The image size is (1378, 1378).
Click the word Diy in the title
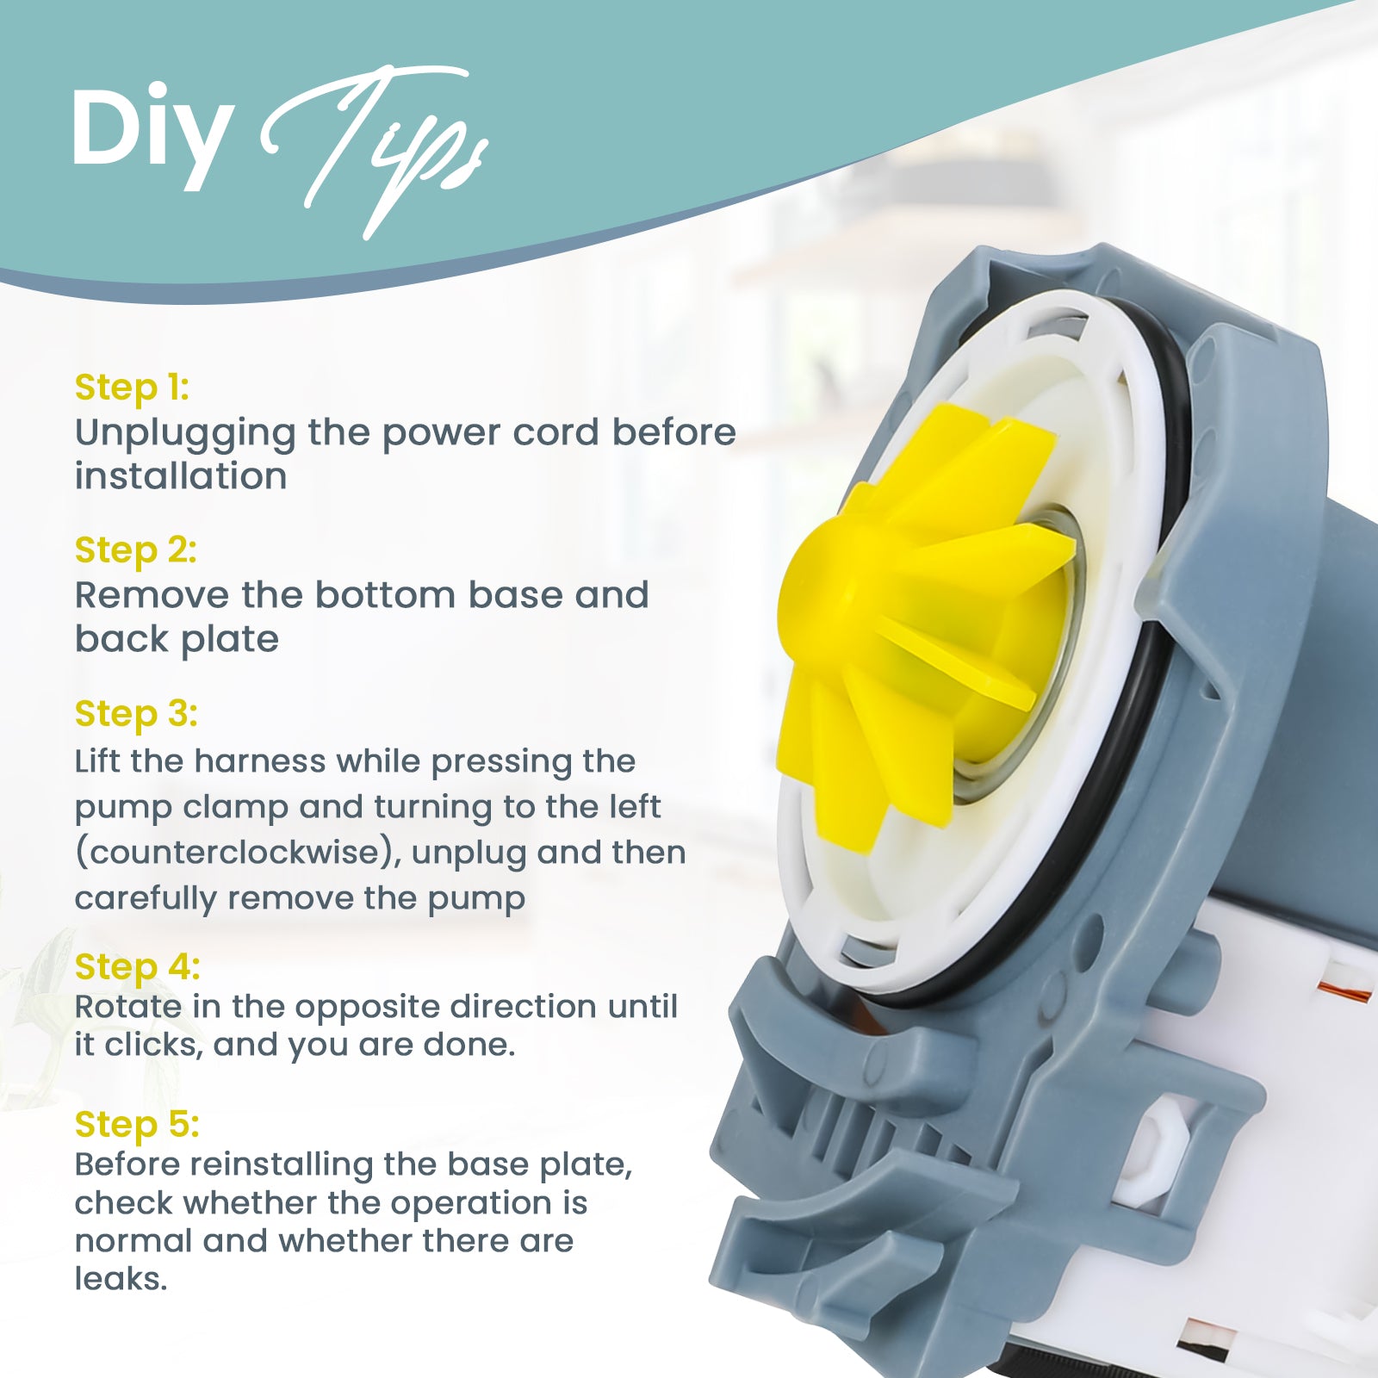(152, 138)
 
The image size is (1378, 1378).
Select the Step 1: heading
(132, 388)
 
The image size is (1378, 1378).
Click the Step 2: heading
(136, 550)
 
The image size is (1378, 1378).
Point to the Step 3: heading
(136, 714)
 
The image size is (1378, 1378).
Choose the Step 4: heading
(137, 967)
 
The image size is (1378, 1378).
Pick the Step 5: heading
(137, 1125)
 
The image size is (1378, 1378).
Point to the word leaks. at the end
(121, 1279)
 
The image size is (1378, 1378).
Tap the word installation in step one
(181, 476)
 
